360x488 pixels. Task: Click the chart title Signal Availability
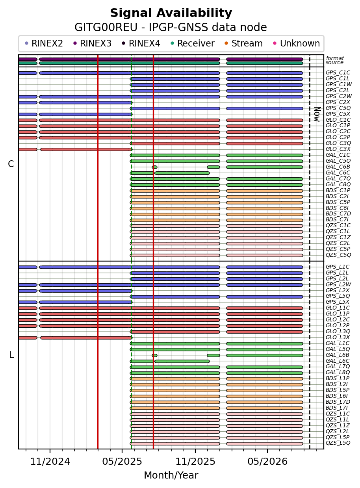point(171,13)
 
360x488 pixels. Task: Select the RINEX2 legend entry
point(44,43)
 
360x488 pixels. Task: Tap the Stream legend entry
point(244,43)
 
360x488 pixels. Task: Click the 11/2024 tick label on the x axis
point(50,462)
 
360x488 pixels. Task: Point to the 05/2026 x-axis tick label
point(267,462)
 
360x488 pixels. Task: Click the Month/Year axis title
point(171,475)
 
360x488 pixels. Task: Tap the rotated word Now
point(317,114)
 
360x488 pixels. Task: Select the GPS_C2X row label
point(338,102)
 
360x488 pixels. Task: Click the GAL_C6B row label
point(338,167)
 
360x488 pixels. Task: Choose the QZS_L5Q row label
point(338,443)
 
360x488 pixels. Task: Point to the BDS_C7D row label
point(338,214)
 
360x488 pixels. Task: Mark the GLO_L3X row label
point(338,338)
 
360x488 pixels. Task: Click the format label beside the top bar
point(335,58)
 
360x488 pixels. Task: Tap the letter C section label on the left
point(11,164)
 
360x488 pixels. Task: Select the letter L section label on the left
point(11,355)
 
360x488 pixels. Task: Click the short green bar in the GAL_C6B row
point(154,167)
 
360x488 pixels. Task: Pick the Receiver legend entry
point(193,43)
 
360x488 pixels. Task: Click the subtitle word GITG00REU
point(106,28)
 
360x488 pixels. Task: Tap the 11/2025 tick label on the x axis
point(195,462)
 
